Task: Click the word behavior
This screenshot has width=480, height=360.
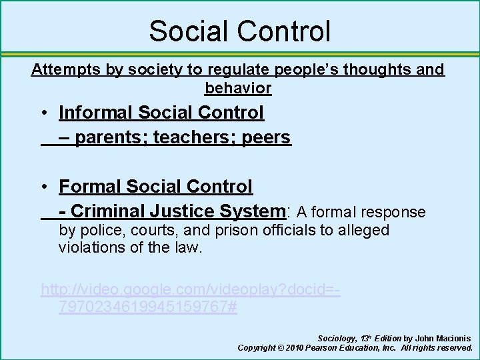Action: pyautogui.click(x=238, y=88)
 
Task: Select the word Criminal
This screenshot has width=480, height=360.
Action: pyautogui.click(x=107, y=211)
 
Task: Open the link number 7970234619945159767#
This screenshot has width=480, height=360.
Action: pyautogui.click(x=147, y=308)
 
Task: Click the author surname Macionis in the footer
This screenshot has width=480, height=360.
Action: pyautogui.click(x=452, y=339)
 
